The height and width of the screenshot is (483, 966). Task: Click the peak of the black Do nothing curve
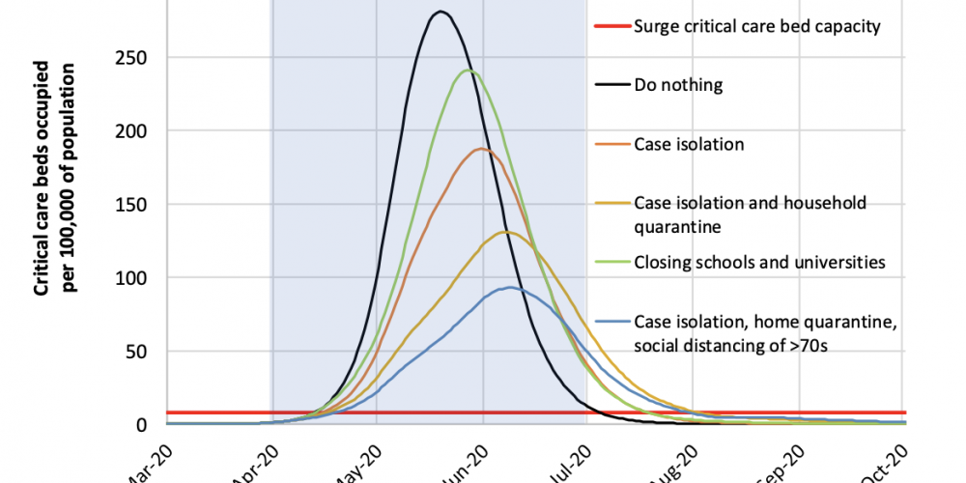point(440,12)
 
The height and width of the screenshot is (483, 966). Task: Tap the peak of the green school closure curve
point(469,70)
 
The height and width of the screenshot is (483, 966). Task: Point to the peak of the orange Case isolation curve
point(480,149)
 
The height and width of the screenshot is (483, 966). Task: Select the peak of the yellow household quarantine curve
point(504,232)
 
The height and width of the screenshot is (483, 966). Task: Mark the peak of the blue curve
point(507,288)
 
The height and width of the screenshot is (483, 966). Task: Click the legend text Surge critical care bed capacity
point(756,26)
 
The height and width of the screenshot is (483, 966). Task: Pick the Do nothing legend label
point(678,85)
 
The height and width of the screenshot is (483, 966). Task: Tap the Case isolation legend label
point(689,144)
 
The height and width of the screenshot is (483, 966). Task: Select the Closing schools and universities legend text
point(758,261)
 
